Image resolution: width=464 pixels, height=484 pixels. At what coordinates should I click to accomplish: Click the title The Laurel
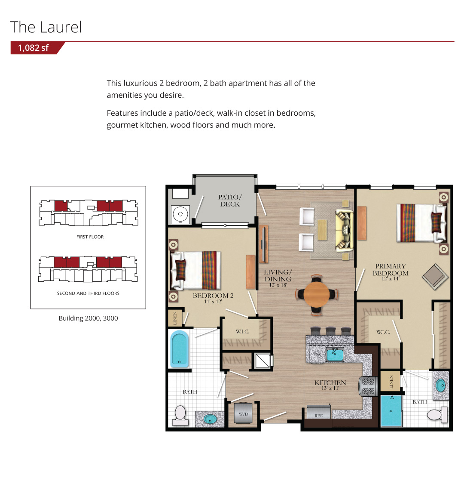click(46, 27)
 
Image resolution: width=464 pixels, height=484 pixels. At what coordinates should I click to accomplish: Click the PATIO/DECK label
click(230, 200)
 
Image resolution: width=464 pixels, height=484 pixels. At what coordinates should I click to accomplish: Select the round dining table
click(316, 294)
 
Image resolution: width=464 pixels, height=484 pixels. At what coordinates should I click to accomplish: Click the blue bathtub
click(179, 349)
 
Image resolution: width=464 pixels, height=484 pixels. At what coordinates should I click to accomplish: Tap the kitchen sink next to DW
click(335, 355)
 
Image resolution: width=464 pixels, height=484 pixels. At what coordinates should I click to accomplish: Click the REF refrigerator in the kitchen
click(318, 412)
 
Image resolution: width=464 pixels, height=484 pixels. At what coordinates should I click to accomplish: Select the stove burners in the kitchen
click(368, 386)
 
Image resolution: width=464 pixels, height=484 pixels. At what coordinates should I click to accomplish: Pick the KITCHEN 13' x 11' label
click(330, 385)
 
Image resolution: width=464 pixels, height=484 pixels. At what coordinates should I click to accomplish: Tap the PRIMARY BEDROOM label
click(390, 271)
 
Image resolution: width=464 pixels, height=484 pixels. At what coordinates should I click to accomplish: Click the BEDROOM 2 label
click(213, 298)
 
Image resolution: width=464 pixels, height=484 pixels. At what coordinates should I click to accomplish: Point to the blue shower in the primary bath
click(391, 411)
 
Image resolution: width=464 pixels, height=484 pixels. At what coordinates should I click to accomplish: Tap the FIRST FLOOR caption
click(90, 237)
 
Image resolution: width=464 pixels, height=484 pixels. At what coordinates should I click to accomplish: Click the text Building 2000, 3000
click(88, 318)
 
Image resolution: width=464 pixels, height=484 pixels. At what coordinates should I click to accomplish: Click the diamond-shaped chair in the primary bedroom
click(435, 277)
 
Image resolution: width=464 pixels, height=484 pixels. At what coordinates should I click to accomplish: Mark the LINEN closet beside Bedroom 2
click(175, 318)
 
